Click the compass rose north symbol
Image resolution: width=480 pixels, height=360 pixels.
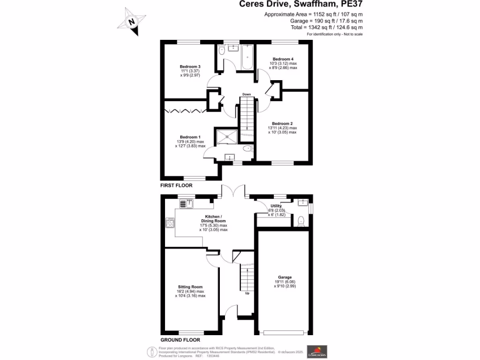(x=133, y=22)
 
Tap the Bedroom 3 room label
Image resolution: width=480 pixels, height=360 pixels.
(x=190, y=67)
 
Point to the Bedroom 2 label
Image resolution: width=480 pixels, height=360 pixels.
(x=282, y=124)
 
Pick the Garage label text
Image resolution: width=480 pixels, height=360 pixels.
(x=285, y=277)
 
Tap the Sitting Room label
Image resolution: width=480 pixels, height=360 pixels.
(x=190, y=287)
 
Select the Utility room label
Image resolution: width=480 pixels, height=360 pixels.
(x=276, y=206)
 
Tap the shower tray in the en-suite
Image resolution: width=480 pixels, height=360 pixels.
(x=227, y=136)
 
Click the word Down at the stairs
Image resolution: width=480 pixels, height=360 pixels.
(x=247, y=94)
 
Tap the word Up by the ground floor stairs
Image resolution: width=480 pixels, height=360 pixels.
(x=247, y=294)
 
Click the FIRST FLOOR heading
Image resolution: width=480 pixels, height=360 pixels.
(x=176, y=186)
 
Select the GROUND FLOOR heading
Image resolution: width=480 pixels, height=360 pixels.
(x=180, y=340)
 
